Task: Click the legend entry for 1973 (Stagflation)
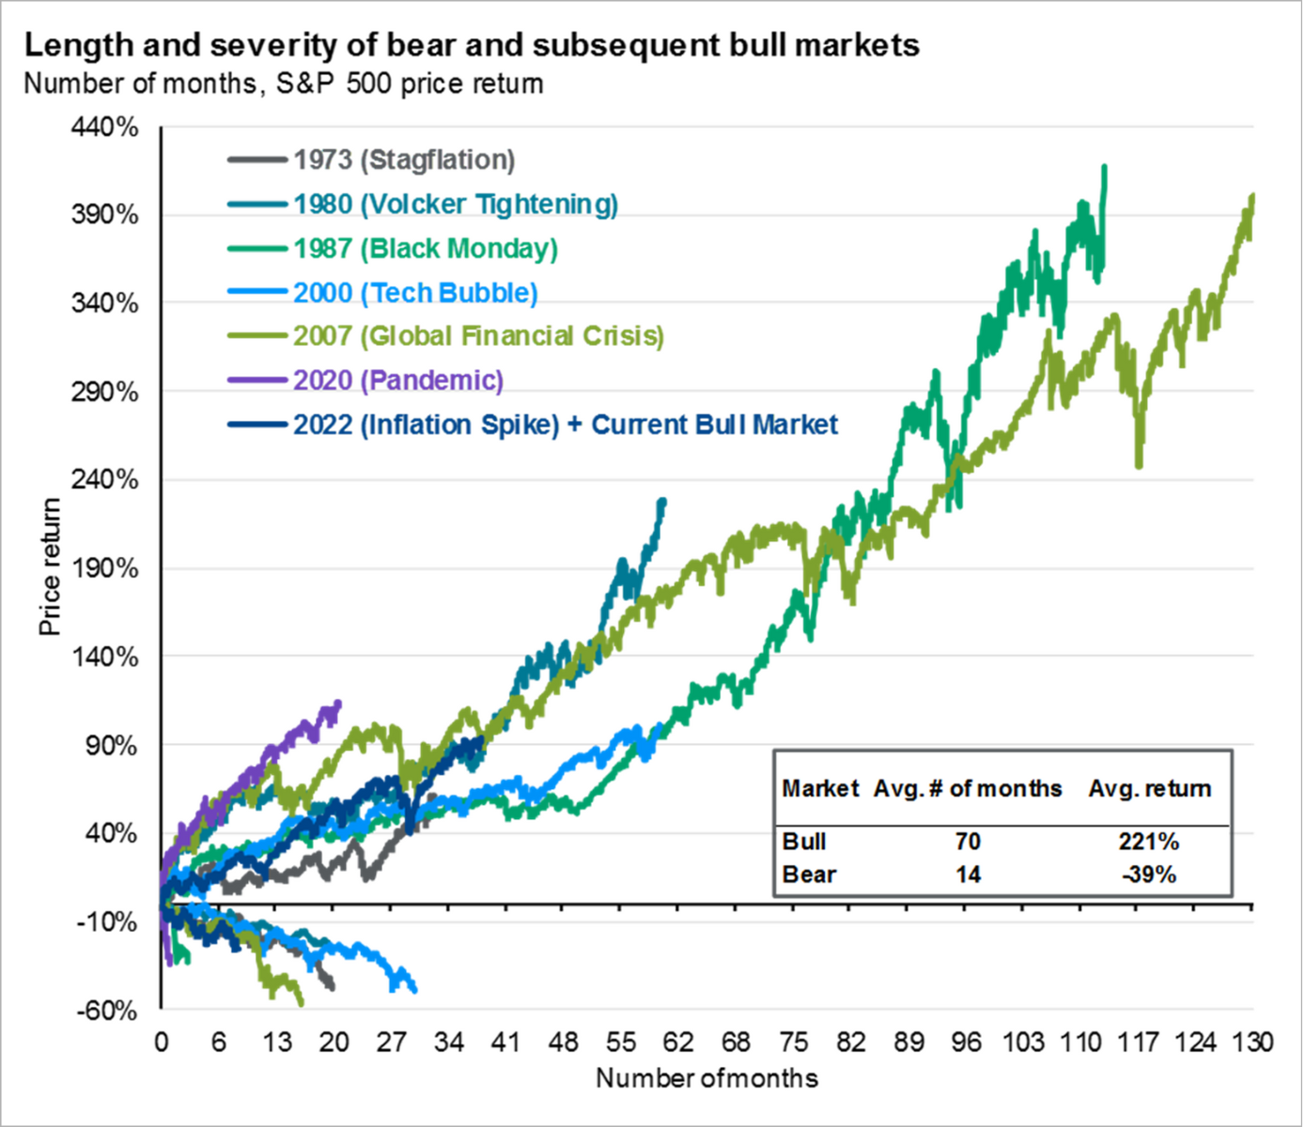coord(404,160)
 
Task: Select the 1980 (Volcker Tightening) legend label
coord(456,204)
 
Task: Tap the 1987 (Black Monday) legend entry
coord(425,248)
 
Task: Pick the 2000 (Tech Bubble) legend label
coord(415,292)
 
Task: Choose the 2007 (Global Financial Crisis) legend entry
coord(478,335)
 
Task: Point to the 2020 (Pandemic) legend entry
coord(398,379)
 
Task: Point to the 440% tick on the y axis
coord(105,127)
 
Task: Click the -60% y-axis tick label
coord(106,1011)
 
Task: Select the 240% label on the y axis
coord(105,480)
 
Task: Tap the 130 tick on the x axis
coord(1252,1042)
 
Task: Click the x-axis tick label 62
coord(678,1042)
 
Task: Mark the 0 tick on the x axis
coord(162,1042)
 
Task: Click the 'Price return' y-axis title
coord(50,566)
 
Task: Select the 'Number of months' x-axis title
coord(706,1077)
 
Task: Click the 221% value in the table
coord(1148,841)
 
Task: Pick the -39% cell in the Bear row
coord(1148,874)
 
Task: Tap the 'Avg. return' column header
coord(1150,789)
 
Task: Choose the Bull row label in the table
coord(804,841)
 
